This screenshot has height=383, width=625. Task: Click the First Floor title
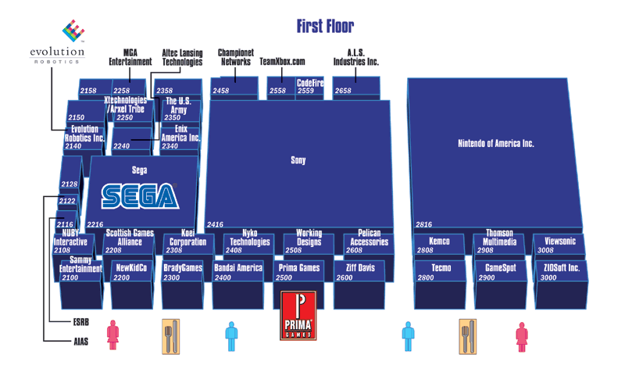(325, 27)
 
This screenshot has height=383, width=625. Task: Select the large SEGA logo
(140, 196)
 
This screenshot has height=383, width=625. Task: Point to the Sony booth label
(298, 160)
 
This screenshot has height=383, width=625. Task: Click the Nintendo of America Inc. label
(495, 144)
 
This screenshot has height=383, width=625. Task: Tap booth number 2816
(424, 224)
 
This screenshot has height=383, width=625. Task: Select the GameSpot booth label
(497, 268)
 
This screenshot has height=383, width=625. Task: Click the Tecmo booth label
(441, 268)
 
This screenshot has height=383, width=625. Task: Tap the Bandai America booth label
(238, 268)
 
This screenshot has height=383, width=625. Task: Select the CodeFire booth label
(310, 83)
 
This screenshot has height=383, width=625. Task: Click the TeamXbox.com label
(282, 61)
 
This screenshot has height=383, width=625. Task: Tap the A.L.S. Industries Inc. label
(355, 57)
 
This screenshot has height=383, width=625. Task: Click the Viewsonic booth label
(560, 242)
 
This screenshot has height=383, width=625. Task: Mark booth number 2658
(343, 91)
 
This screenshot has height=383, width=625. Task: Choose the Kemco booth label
(440, 242)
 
